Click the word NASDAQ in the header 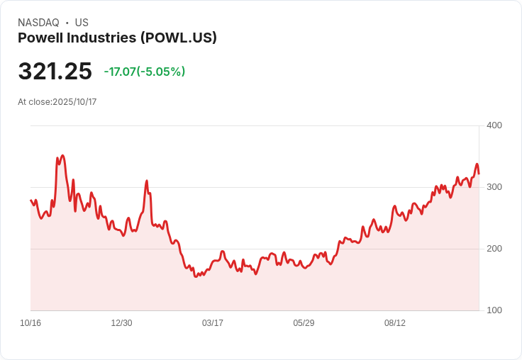tap(38, 23)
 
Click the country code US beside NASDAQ tap(82, 23)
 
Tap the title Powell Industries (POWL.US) tap(117, 38)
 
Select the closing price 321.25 tap(55, 72)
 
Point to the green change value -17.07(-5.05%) tap(144, 72)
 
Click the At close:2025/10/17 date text tap(57, 102)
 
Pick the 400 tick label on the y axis tap(494, 125)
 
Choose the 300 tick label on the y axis tap(494, 187)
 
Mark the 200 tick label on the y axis tap(494, 249)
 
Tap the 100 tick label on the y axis tap(494, 310)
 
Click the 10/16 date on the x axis tap(30, 323)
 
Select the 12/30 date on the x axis tap(121, 323)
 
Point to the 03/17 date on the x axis tap(212, 323)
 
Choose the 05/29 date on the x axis tap(304, 323)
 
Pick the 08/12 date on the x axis tap(395, 323)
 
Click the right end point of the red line tap(479, 173)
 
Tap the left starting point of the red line tap(31, 201)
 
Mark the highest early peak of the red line tap(62, 155)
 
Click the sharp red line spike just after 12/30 tap(147, 181)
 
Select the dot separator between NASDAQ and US tap(67, 23)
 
